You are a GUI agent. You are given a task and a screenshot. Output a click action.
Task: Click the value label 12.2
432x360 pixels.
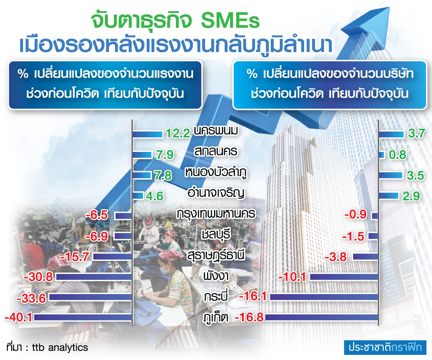point(178,133)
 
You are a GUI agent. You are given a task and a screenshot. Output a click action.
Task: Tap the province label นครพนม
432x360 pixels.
point(216,131)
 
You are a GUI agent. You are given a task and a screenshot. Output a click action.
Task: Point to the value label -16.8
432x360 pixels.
point(249,317)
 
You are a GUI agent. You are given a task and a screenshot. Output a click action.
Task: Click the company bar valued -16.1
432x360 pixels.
point(324,297)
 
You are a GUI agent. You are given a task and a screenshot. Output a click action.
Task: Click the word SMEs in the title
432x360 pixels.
point(230,21)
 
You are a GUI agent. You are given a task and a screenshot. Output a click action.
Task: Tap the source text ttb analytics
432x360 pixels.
point(60,347)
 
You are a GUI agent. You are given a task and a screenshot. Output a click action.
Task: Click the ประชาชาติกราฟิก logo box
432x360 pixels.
point(385,347)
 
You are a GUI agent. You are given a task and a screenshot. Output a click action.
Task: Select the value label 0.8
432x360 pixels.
point(397,155)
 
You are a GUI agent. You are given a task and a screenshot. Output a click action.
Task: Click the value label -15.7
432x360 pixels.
point(74,257)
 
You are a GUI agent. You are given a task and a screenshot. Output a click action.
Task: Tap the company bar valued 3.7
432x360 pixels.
point(391,134)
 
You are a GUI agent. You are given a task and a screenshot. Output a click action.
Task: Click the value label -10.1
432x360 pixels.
point(292,277)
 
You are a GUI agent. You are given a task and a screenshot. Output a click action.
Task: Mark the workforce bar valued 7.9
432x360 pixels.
point(142,155)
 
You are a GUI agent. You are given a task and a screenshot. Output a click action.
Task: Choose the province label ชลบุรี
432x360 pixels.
point(216,235)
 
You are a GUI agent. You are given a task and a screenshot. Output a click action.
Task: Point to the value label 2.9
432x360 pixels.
point(411,196)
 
